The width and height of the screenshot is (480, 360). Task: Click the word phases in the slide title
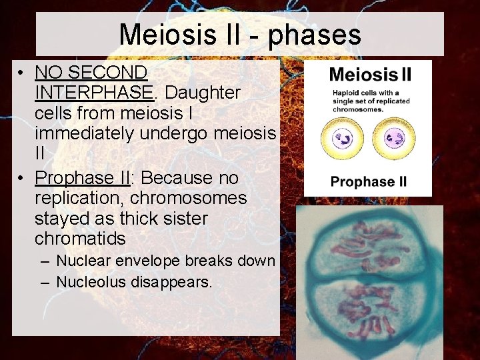click(314, 34)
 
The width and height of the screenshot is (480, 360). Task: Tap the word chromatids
click(80, 239)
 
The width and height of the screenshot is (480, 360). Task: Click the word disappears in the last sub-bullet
click(178, 282)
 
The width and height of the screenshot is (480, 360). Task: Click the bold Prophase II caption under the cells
click(369, 181)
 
